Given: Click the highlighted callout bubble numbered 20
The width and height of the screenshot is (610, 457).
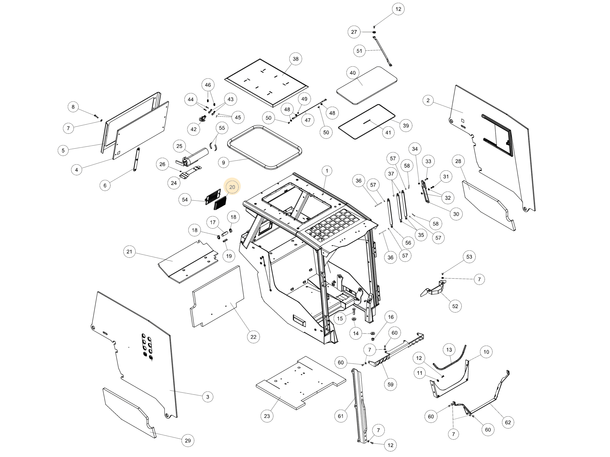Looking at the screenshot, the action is click(232, 187).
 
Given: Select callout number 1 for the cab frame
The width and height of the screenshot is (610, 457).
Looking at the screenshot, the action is click(327, 171).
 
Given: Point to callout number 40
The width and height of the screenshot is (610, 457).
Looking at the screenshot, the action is click(353, 73).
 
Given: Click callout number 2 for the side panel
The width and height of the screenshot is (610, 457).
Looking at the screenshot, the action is click(428, 100).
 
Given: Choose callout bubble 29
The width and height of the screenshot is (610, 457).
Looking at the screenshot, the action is click(188, 441).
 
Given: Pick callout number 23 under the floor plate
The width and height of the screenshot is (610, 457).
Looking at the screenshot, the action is click(267, 416).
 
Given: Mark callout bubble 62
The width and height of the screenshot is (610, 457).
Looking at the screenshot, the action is click(508, 422).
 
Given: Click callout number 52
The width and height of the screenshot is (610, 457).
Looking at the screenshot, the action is click(455, 306).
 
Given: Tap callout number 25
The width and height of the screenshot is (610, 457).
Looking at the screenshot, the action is click(179, 146).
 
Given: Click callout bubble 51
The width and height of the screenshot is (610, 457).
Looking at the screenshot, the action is click(359, 51).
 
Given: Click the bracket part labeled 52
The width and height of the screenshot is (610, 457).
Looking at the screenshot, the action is click(432, 289).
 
